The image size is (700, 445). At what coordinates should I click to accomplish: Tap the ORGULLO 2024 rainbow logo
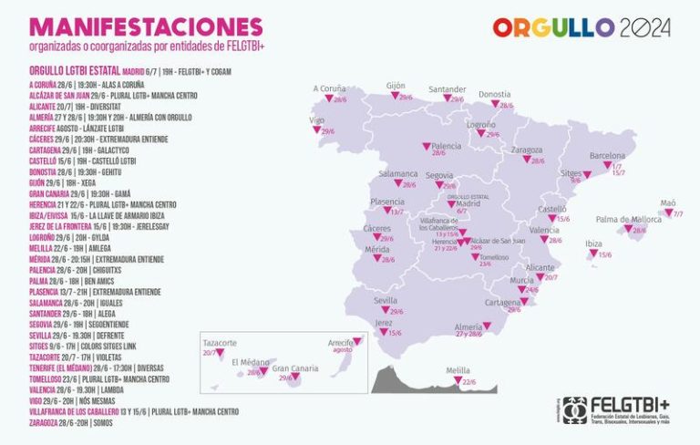(x=581, y=27)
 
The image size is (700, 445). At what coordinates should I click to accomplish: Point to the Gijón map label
(x=396, y=84)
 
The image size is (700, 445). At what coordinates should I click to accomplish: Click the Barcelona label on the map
(x=607, y=156)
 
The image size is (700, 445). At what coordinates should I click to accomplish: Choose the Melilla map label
(x=458, y=370)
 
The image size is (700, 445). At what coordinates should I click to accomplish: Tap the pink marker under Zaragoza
(x=527, y=159)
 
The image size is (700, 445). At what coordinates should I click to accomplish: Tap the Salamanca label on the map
(x=398, y=173)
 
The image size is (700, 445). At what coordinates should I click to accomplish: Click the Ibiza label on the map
(x=593, y=244)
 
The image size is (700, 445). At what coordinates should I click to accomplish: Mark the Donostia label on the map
(x=495, y=94)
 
